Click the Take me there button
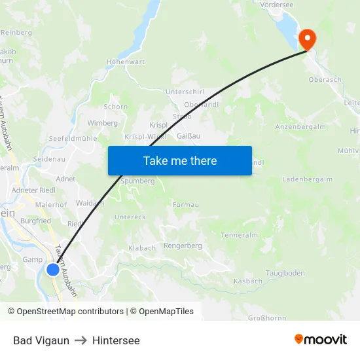(x=180, y=160)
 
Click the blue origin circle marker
(x=53, y=269)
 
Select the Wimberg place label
(x=102, y=123)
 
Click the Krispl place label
(x=159, y=124)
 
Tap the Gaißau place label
(x=189, y=136)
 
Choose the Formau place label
(x=186, y=205)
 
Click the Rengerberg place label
(x=183, y=246)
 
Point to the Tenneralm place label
(x=240, y=235)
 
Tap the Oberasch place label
(x=325, y=80)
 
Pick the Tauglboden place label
(x=285, y=272)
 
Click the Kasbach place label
(x=248, y=281)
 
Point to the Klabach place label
(x=142, y=248)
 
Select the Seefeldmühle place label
(x=73, y=139)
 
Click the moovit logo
(x=321, y=340)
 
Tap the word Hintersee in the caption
(x=116, y=340)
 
